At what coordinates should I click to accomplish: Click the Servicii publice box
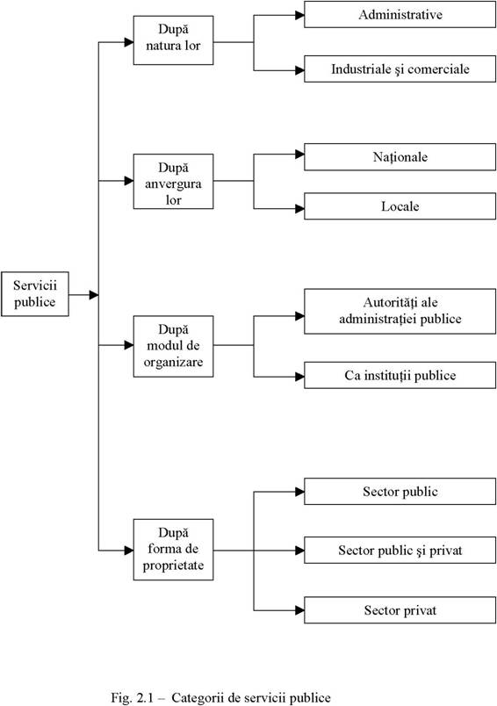pyautogui.click(x=34, y=294)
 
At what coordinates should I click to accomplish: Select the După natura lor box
pyautogui.click(x=173, y=40)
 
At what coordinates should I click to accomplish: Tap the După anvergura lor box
pyautogui.click(x=173, y=182)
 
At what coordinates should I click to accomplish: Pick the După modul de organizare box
pyautogui.click(x=173, y=346)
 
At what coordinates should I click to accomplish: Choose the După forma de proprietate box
pyautogui.click(x=173, y=550)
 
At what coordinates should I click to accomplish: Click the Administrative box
pyautogui.click(x=400, y=14)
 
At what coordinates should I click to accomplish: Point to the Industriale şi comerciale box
pyautogui.click(x=400, y=68)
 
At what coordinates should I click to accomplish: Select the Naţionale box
pyautogui.click(x=400, y=157)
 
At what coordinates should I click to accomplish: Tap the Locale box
pyautogui.click(x=400, y=206)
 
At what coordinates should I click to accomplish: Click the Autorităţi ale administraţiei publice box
pyautogui.click(x=400, y=312)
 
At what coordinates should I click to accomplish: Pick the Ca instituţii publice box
pyautogui.click(x=400, y=375)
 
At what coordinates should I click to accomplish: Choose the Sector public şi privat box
pyautogui.click(x=400, y=550)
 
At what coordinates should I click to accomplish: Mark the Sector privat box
pyautogui.click(x=400, y=610)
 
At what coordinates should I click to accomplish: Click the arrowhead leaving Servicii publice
pyautogui.click(x=94, y=295)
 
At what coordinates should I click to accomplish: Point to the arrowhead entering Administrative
pyautogui.click(x=299, y=15)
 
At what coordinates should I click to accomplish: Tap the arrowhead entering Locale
pyautogui.click(x=299, y=208)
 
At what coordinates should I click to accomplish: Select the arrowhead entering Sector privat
pyautogui.click(x=299, y=610)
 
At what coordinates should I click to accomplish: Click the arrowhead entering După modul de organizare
pyautogui.click(x=129, y=345)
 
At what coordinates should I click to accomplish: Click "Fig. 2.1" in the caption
pyautogui.click(x=133, y=698)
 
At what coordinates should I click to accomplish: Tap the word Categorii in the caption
pyautogui.click(x=198, y=698)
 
